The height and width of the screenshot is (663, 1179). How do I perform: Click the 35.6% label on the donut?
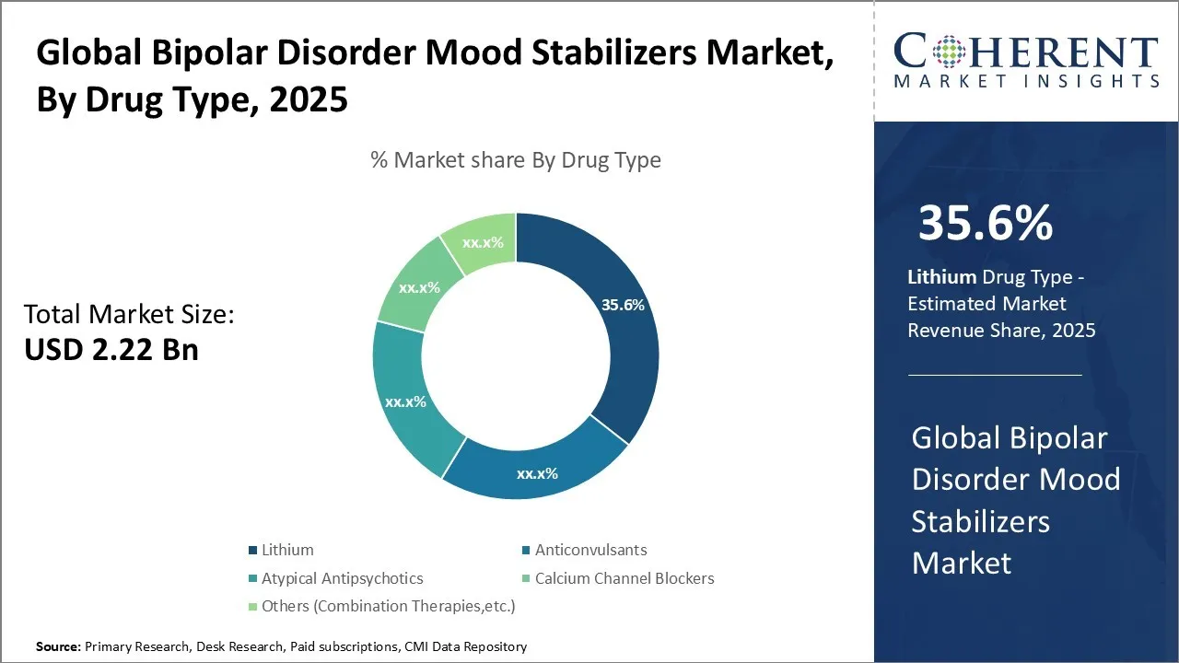point(623,305)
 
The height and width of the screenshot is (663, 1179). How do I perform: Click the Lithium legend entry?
point(287,550)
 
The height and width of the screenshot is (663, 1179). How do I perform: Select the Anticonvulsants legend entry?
point(590,550)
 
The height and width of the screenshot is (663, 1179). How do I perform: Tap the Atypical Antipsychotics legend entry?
point(342,578)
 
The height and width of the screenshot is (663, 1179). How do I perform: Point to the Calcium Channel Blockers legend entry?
point(624,578)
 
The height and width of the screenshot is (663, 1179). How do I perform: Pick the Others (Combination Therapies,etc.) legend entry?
point(388,606)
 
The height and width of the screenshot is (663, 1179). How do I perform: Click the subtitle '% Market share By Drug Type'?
point(516,160)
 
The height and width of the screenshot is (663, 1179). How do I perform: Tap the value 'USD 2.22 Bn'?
point(111,349)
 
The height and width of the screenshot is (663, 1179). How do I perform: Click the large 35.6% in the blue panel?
point(986,223)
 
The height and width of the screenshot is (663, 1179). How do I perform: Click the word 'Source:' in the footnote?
point(58,647)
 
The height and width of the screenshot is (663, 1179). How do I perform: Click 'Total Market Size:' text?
point(129,315)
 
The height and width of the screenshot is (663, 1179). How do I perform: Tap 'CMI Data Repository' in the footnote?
point(466,647)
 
